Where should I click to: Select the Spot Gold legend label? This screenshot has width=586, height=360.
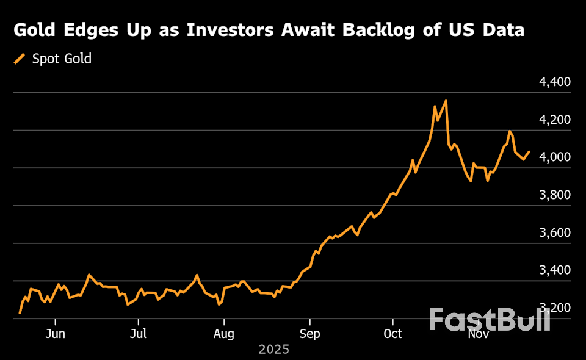[x=62, y=59]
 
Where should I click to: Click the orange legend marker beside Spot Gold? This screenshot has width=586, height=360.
[x=20, y=59]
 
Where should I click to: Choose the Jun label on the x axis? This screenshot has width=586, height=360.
[x=55, y=334]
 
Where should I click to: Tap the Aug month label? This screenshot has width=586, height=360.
[x=225, y=334]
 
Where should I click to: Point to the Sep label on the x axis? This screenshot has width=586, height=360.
[x=309, y=334]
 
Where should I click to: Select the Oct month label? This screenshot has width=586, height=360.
[x=393, y=334]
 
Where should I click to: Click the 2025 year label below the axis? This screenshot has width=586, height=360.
[x=273, y=350]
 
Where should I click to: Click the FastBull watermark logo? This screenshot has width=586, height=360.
[x=489, y=320]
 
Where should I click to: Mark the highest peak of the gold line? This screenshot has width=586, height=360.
[x=446, y=101]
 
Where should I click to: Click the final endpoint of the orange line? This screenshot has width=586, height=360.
[x=529, y=151]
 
